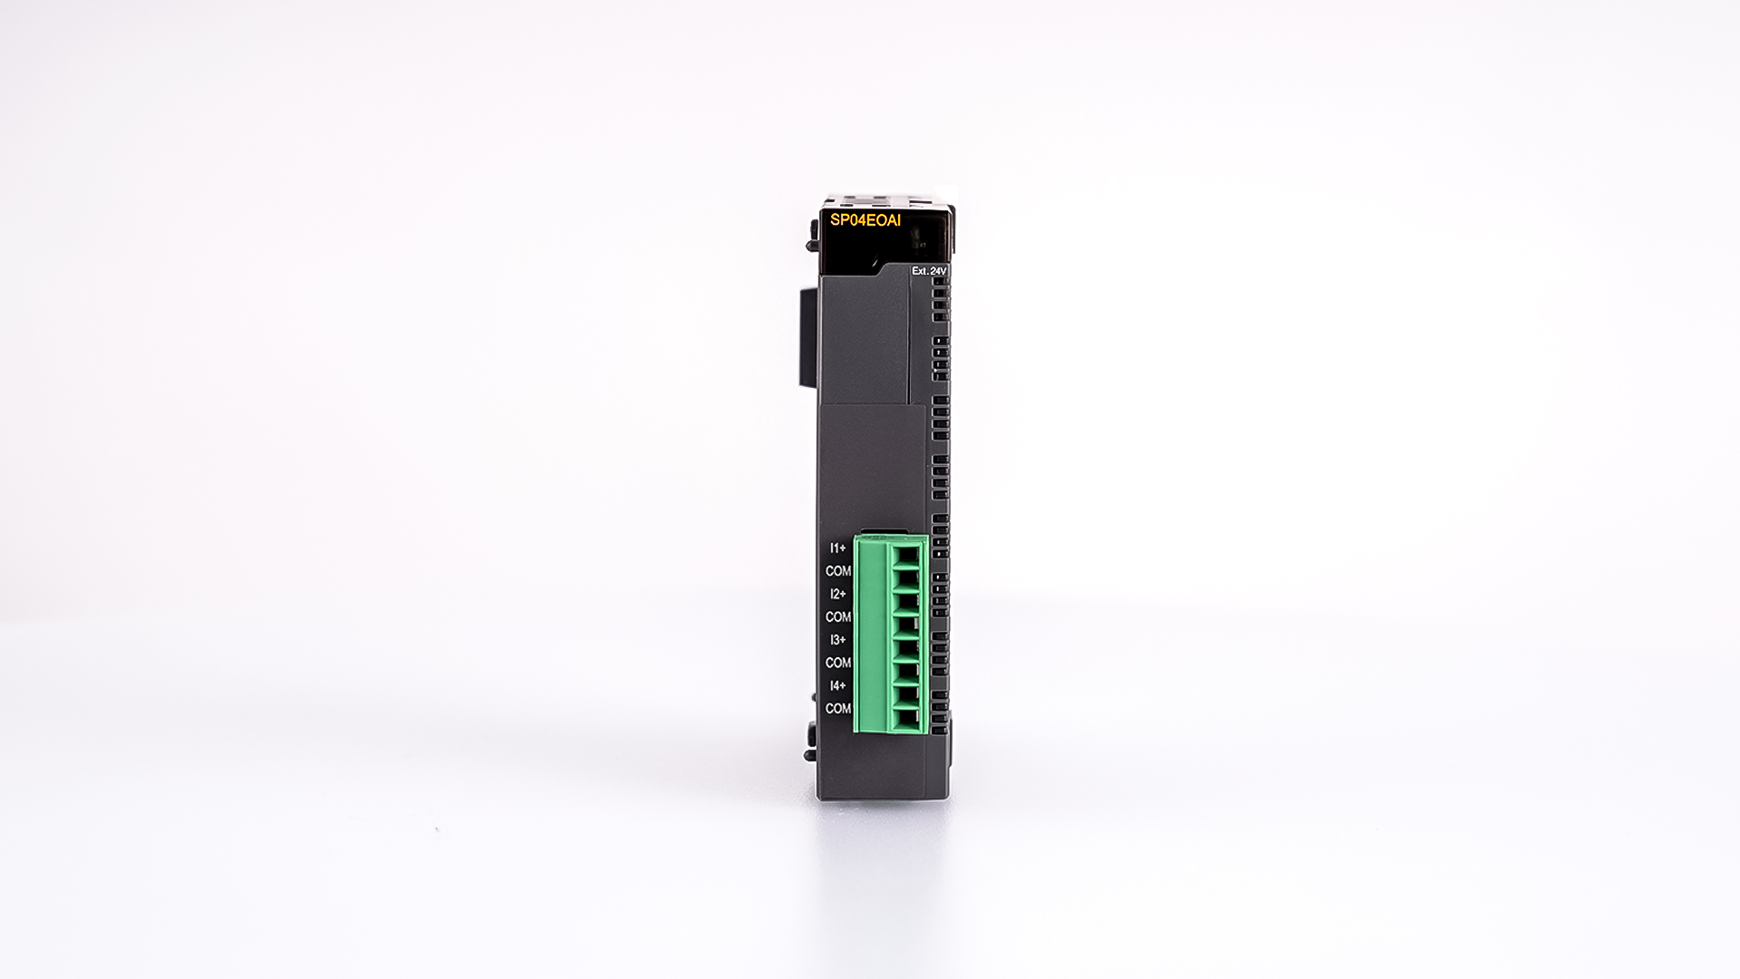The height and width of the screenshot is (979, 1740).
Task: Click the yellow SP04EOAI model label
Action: [x=865, y=218]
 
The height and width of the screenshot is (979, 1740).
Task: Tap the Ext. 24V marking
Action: [x=929, y=271]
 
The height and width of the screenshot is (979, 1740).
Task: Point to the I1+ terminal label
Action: [x=838, y=548]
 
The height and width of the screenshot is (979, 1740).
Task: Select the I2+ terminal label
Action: [x=838, y=594]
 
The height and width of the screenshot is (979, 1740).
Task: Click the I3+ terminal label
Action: [x=838, y=640]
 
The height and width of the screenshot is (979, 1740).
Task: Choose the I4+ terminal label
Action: [x=838, y=685]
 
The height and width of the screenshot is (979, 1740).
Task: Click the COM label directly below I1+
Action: [x=838, y=571]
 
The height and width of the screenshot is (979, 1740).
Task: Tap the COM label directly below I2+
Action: [x=838, y=616]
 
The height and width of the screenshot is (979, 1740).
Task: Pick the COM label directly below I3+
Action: [x=838, y=663]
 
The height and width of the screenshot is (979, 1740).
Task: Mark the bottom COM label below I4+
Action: [x=838, y=708]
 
